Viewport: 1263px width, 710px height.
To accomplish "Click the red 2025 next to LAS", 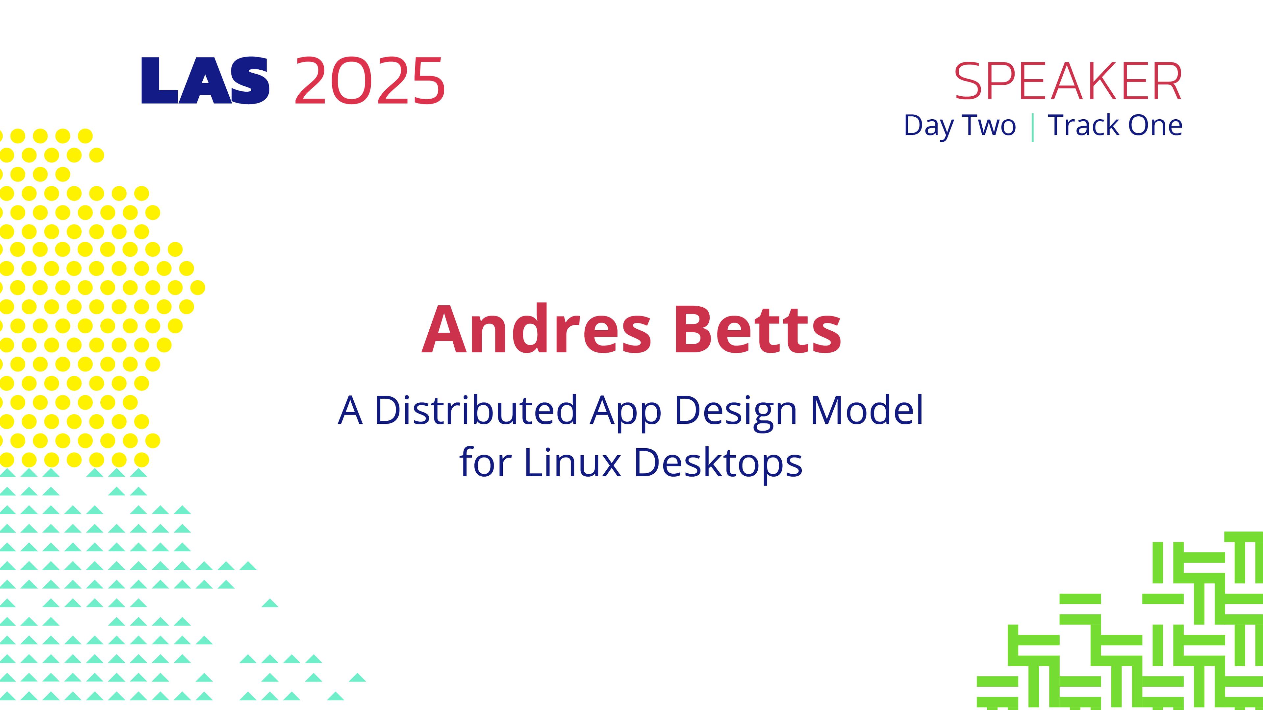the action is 370,81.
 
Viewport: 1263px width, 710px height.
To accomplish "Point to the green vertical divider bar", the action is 1033,127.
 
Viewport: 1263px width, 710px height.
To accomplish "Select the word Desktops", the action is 718,464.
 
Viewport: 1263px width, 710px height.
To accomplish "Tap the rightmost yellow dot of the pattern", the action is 198,288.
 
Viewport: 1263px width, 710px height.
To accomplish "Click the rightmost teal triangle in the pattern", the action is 357,678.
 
